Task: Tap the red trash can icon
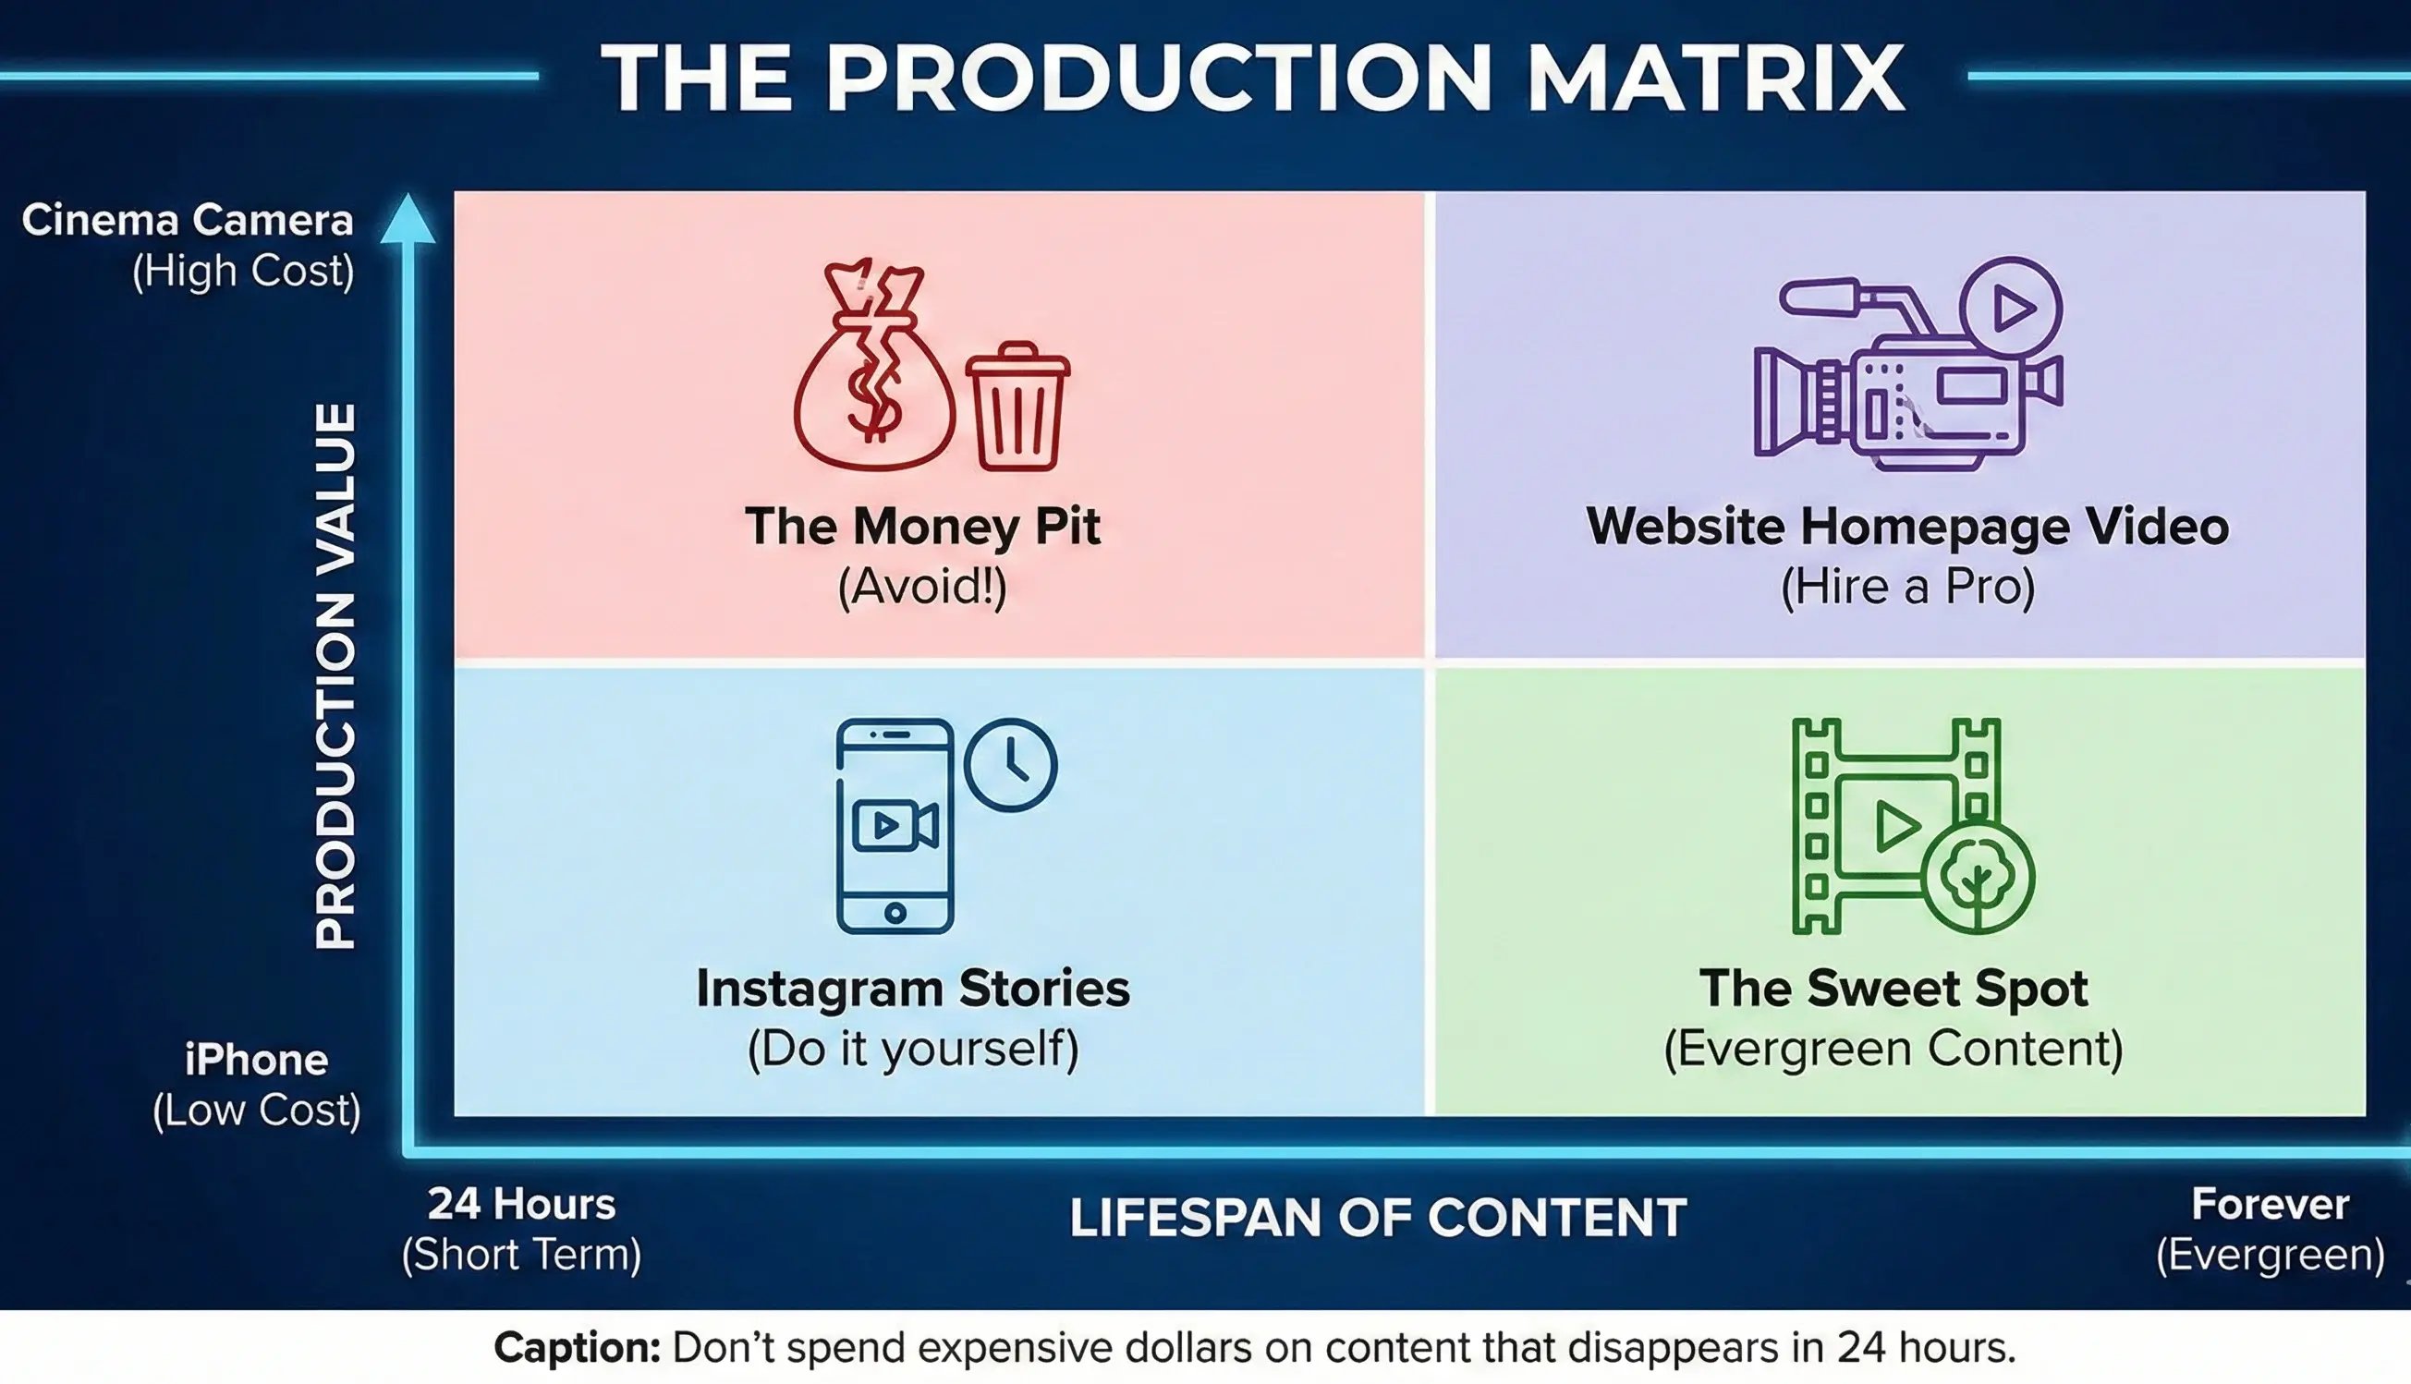click(1017, 407)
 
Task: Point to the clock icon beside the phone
click(1010, 764)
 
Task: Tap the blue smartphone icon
click(894, 825)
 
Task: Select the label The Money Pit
click(921, 527)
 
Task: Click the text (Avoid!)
click(921, 586)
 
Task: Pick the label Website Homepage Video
click(1906, 527)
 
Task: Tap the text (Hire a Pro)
click(1906, 586)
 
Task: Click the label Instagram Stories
click(912, 989)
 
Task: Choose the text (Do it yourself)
click(912, 1050)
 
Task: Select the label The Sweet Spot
click(1893, 989)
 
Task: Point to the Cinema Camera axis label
click(188, 221)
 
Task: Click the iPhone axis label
click(256, 1060)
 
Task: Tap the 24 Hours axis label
click(521, 1205)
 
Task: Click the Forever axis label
click(2270, 1205)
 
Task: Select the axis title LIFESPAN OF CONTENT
click(1378, 1219)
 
